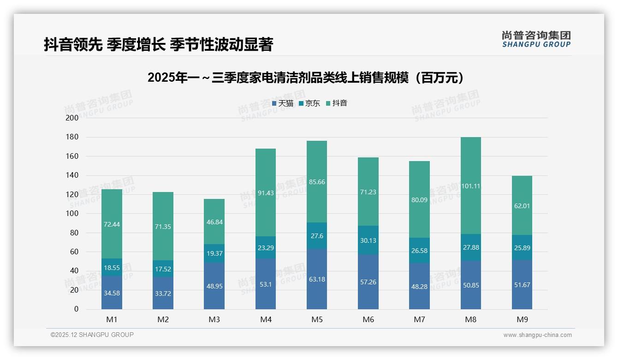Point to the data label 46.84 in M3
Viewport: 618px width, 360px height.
click(214, 222)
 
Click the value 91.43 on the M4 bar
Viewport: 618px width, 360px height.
click(265, 193)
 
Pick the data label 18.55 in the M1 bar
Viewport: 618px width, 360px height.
click(112, 267)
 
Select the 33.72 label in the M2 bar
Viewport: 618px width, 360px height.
click(163, 293)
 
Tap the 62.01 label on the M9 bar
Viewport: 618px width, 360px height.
click(522, 206)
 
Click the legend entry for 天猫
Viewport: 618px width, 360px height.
click(283, 103)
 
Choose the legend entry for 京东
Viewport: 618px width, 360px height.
click(309, 103)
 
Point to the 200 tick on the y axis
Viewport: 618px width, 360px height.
click(72, 118)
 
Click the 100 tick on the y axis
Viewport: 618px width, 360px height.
click(72, 214)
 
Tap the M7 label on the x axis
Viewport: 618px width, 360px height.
click(419, 319)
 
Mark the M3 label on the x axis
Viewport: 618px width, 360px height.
click(214, 319)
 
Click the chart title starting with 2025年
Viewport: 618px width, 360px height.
click(305, 78)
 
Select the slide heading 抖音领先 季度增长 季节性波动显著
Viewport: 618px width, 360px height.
click(158, 44)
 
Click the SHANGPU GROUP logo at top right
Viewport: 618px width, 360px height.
click(536, 39)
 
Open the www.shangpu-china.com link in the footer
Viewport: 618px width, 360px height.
click(537, 335)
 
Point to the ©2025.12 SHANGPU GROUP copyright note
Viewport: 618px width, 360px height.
click(92, 335)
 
